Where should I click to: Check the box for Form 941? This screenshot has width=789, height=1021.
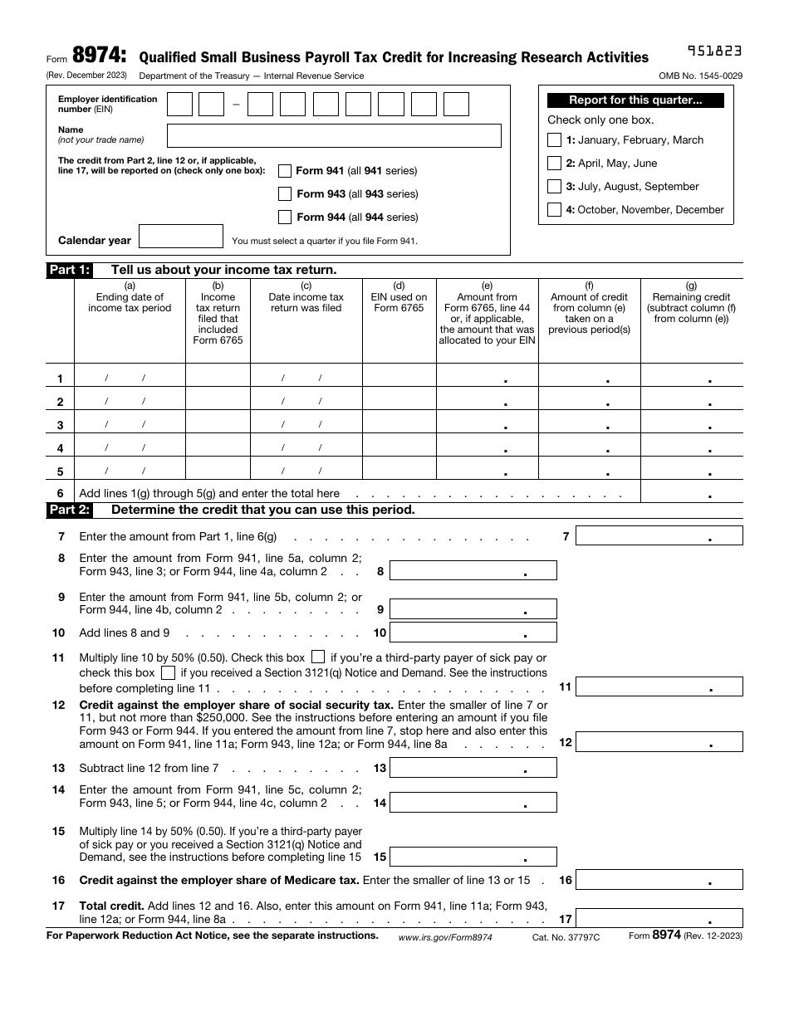coord(285,171)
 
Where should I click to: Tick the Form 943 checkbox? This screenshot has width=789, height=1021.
coord(285,194)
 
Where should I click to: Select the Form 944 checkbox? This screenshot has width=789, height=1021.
coord(285,217)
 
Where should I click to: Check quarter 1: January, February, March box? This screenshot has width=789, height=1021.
coord(554,140)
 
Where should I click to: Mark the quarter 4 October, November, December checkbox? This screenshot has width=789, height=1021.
coord(554,210)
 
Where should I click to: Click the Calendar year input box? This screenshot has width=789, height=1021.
coord(181,237)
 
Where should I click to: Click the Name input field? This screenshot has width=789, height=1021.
coord(334,135)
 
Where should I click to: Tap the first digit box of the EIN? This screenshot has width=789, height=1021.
coord(180,105)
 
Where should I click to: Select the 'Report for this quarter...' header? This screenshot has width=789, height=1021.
coord(635,100)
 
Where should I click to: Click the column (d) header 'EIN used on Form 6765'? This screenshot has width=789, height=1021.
coord(399,297)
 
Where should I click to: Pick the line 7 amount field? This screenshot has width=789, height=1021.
coord(659,536)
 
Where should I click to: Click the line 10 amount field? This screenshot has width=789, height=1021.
coord(473,633)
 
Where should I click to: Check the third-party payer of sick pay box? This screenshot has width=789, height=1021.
coord(318,657)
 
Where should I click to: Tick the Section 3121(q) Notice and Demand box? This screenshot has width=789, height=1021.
coord(168,672)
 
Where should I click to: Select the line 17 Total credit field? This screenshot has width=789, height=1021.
coord(659,919)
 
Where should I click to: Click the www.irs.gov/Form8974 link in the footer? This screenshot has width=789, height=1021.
coord(445,936)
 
